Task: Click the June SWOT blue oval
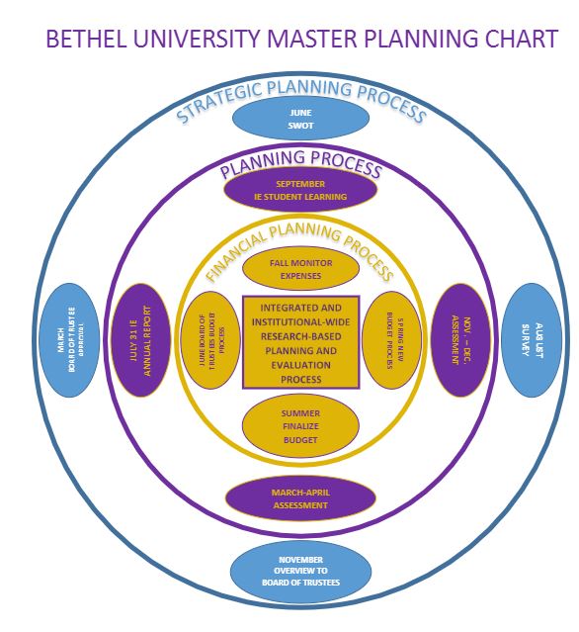coord(300,120)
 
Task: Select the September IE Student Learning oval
coord(300,190)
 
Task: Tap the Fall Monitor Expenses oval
coord(300,269)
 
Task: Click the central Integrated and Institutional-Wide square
coord(301,341)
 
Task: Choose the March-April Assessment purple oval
coord(300,497)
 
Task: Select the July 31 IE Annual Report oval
coord(144,340)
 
